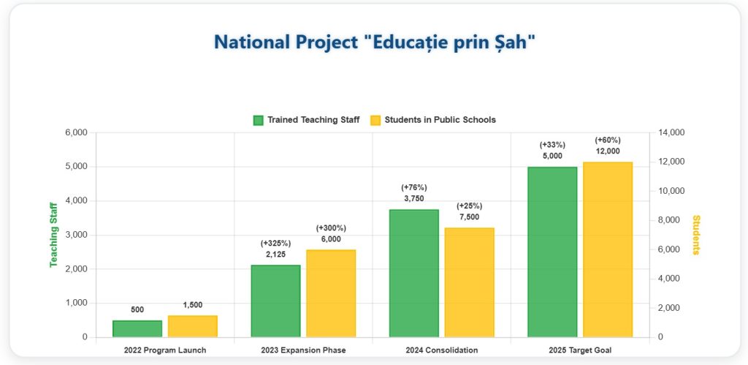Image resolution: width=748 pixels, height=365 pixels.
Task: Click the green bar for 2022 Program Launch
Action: (x=137, y=329)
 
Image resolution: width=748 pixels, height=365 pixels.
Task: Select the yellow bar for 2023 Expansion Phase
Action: (x=331, y=293)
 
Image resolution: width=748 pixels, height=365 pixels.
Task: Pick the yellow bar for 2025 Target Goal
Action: (x=607, y=249)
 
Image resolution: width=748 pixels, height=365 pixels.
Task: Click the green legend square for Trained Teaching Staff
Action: (x=258, y=120)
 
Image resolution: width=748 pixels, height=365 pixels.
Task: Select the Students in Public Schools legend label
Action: (x=440, y=120)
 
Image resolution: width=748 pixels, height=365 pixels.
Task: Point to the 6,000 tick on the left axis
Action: (x=76, y=132)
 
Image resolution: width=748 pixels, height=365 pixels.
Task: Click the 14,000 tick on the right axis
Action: (x=670, y=132)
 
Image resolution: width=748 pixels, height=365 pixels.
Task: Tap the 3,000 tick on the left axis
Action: (x=76, y=235)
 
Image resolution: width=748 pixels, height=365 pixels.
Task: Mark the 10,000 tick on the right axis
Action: (x=670, y=191)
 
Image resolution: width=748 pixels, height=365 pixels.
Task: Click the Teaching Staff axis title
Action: (x=53, y=235)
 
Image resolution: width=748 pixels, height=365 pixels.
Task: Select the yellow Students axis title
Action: (x=696, y=235)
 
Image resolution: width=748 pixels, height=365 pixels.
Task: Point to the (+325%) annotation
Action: (x=275, y=243)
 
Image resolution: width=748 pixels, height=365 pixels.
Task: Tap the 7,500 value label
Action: (x=469, y=217)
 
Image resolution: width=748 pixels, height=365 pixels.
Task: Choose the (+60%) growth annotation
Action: (x=607, y=140)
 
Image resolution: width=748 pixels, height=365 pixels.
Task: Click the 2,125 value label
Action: (x=275, y=255)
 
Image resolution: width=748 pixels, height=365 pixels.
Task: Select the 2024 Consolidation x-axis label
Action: (x=441, y=350)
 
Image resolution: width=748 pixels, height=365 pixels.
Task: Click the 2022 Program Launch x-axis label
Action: (x=165, y=350)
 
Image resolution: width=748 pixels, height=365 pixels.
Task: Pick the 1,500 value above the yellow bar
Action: (x=193, y=305)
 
